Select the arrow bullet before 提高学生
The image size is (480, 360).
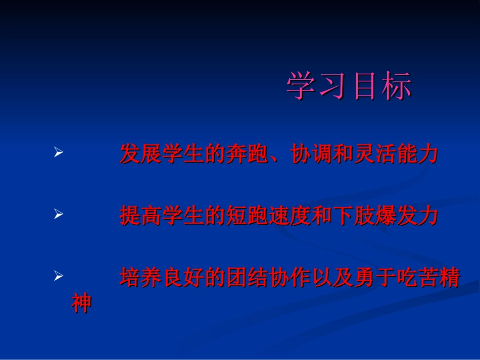click(58, 215)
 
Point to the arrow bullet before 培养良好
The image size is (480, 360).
click(58, 276)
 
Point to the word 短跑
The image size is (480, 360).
click(247, 216)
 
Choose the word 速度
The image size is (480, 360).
click(290, 216)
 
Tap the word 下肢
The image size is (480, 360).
click(353, 216)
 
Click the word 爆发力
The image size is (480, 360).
click(406, 216)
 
